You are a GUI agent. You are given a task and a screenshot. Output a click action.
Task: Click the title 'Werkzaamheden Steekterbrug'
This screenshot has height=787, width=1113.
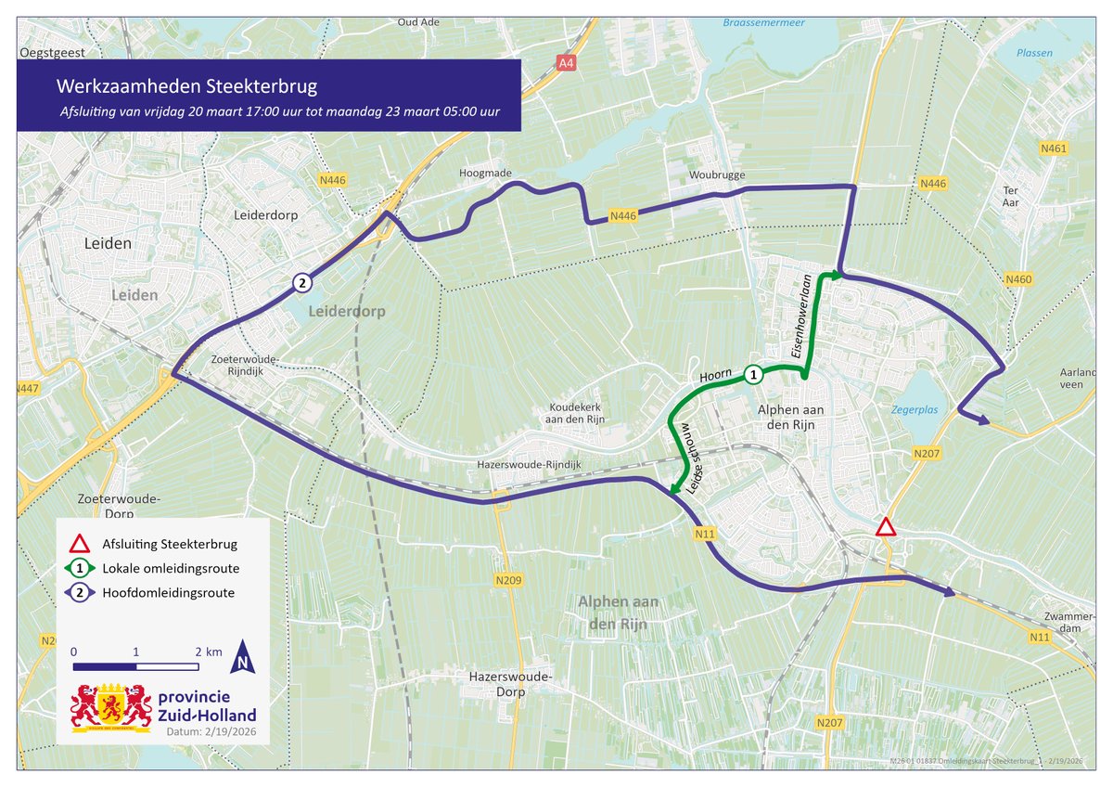point(186,87)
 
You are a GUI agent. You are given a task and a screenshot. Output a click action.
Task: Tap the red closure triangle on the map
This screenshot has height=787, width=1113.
point(886,528)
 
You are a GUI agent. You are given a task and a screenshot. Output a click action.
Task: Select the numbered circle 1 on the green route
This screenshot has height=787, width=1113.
point(753,374)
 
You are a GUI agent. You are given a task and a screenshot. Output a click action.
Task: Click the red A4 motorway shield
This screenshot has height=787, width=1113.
point(565,63)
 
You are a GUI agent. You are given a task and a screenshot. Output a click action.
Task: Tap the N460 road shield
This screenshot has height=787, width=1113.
point(1018,279)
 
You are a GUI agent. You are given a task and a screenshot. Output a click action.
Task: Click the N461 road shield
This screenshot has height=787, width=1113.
point(1055,148)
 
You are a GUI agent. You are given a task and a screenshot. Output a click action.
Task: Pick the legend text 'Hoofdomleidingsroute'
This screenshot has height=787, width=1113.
point(168,592)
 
